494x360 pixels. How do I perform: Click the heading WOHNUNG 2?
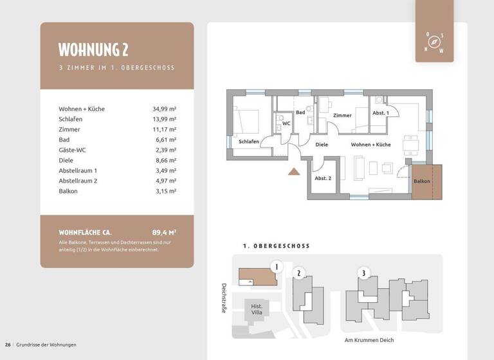(93, 50)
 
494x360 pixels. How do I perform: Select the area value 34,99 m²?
(164, 109)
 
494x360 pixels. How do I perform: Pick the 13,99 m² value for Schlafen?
(164, 119)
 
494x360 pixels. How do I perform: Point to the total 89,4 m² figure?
(164, 232)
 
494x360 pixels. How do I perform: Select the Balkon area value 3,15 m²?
(164, 191)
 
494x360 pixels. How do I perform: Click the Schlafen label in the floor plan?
(248, 141)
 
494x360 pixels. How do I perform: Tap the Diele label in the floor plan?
(322, 145)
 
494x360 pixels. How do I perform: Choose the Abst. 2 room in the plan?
(323, 178)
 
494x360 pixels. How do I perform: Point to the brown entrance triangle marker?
(293, 171)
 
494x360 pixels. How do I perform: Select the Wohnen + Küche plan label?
(370, 145)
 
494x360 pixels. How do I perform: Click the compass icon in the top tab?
(435, 42)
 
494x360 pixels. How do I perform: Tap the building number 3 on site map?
(363, 273)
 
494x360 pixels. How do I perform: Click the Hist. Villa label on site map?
(256, 310)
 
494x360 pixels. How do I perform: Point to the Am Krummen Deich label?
(369, 340)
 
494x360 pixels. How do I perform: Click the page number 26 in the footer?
(8, 345)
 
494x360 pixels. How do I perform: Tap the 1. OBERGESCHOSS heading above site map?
(277, 246)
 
